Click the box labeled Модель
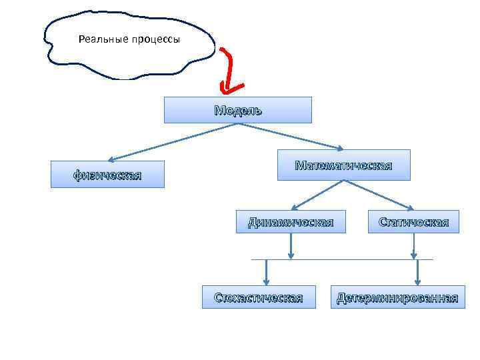click(237, 110)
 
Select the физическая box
click(107, 175)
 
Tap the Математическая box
click(343, 165)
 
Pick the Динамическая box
click(291, 222)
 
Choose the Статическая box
click(413, 222)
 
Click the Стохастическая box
click(258, 297)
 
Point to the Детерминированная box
click(397, 297)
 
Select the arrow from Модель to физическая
click(167, 143)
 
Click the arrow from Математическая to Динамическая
click(317, 195)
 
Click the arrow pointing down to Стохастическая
click(266, 271)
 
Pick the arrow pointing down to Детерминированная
click(417, 272)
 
